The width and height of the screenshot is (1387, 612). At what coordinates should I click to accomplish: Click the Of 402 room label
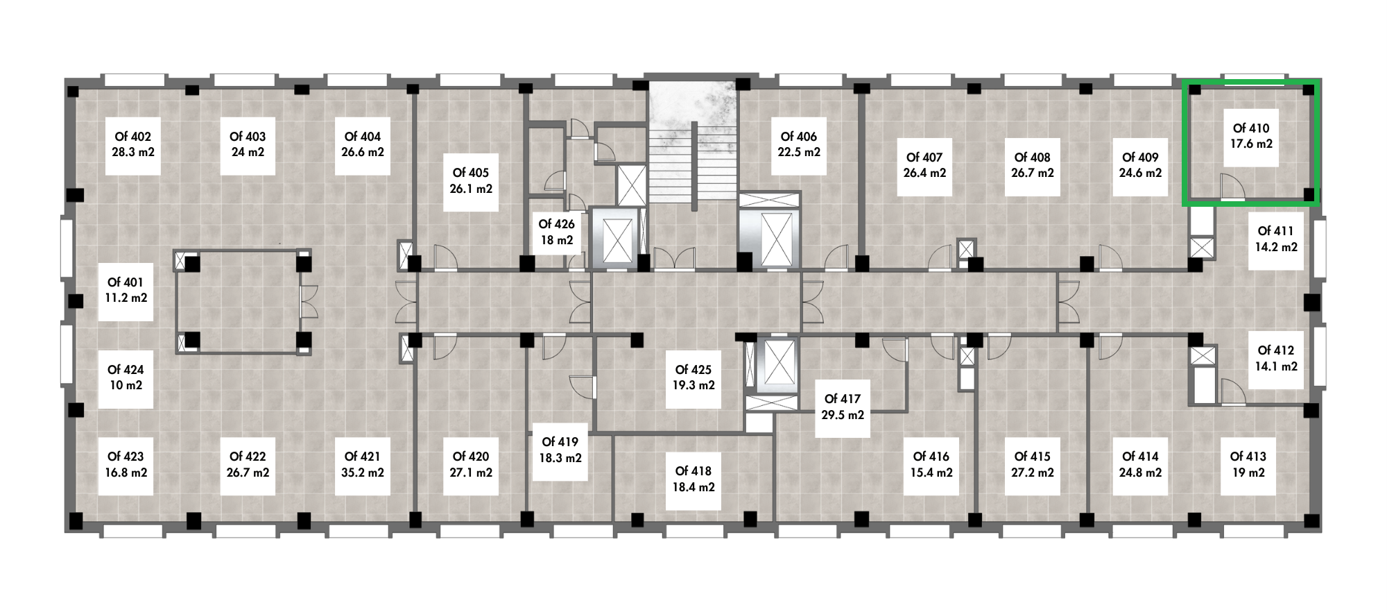coord(132,137)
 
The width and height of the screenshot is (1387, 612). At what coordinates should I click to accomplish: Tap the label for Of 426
coord(557,224)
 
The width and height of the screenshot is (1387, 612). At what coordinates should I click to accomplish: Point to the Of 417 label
coord(843,399)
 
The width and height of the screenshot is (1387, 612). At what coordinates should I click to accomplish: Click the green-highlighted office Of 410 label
coord(1251,128)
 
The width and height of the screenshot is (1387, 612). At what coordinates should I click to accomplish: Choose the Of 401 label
coord(125,282)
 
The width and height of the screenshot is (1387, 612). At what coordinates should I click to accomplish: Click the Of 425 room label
coord(693,370)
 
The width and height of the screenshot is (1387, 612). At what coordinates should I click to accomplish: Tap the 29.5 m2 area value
coord(843,415)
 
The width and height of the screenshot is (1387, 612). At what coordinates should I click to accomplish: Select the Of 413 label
coord(1248,457)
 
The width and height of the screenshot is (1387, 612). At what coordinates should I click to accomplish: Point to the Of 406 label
coord(799,137)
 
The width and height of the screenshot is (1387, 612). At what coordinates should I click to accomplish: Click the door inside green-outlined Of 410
coord(1232,187)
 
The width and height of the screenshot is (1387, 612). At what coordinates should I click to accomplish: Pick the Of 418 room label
coord(693,472)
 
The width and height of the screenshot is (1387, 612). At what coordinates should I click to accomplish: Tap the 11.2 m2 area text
coord(125,298)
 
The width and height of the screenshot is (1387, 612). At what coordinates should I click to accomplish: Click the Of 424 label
coord(125,371)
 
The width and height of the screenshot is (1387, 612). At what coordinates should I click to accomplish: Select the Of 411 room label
coord(1276,231)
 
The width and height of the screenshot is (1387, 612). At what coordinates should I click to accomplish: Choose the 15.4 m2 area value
coord(931,473)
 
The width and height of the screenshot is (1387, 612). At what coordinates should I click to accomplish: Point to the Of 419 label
coord(560,442)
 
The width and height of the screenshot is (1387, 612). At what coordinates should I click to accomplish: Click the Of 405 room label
coord(471,173)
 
